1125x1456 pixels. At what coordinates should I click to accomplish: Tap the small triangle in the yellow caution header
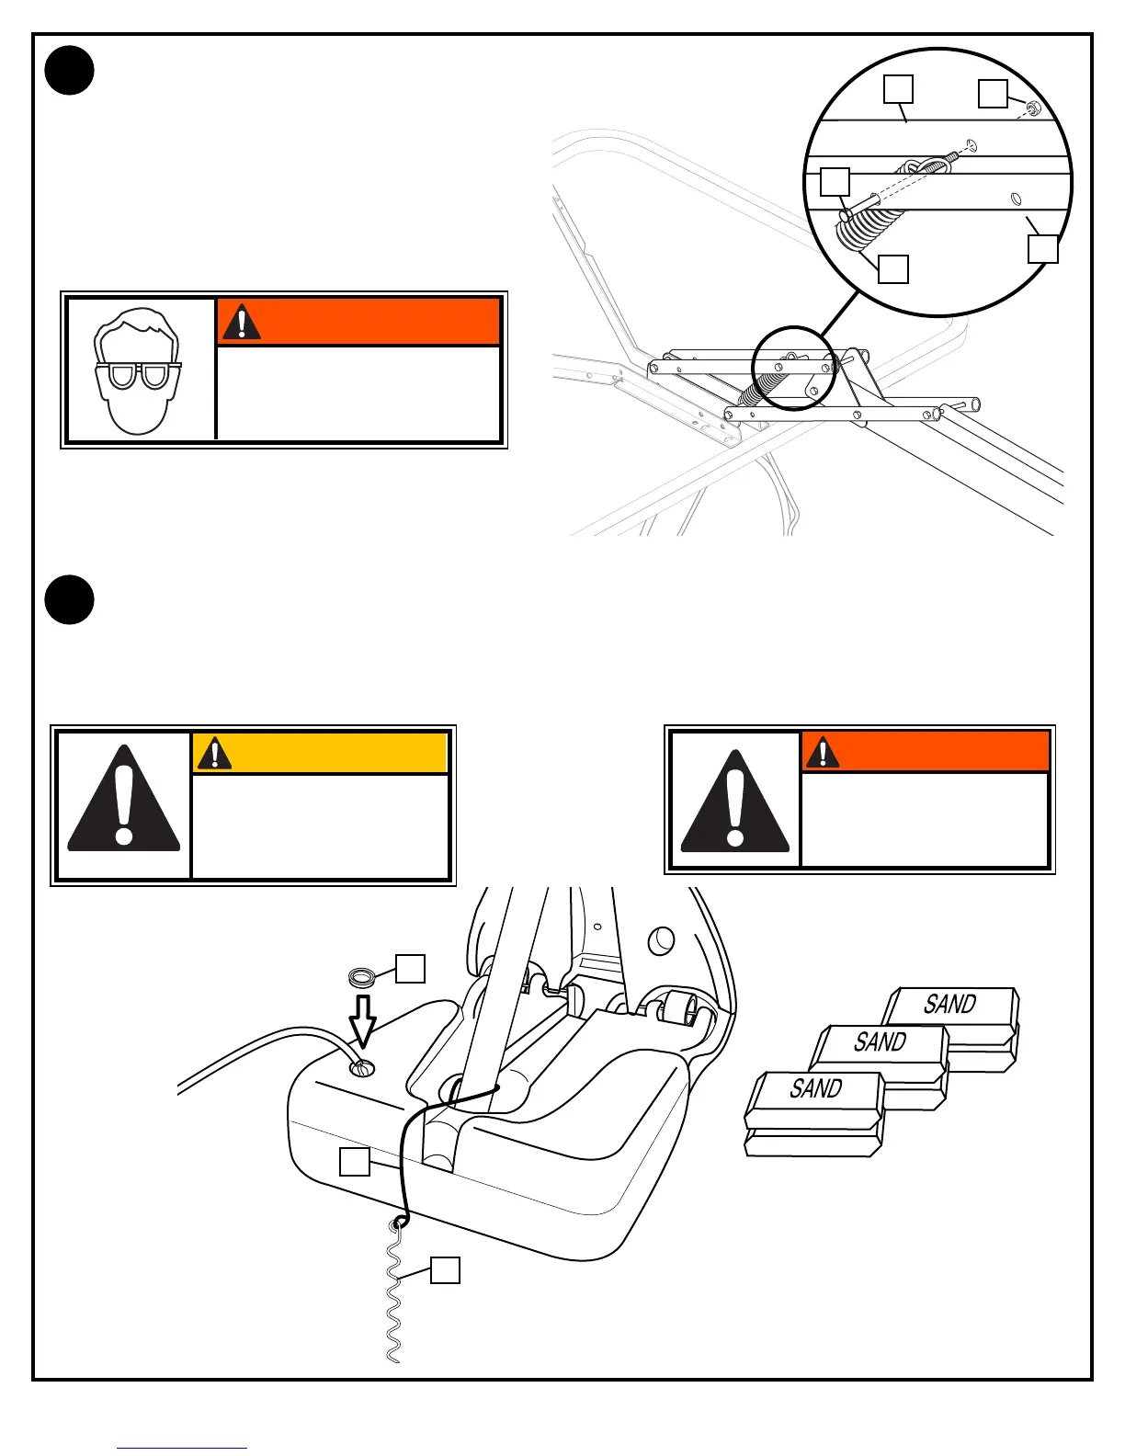(x=214, y=753)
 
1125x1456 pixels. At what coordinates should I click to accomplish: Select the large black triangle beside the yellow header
(x=123, y=801)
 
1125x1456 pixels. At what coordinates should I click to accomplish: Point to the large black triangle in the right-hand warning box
(x=734, y=802)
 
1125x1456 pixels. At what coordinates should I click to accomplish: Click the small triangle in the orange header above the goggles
(x=241, y=322)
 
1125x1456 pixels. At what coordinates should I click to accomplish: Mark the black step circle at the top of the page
(x=70, y=70)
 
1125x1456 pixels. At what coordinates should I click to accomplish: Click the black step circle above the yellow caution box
(x=70, y=599)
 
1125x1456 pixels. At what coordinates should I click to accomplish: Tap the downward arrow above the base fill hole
(x=363, y=1020)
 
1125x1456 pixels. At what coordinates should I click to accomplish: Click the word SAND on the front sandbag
(x=815, y=1088)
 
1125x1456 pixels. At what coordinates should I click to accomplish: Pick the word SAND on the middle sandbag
(x=880, y=1041)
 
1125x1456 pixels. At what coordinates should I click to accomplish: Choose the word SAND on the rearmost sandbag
(x=949, y=1004)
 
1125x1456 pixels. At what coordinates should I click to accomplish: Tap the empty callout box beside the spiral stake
(x=446, y=1269)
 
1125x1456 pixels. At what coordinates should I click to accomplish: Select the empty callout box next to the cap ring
(x=410, y=969)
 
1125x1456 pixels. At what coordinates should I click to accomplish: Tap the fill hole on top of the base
(x=362, y=1068)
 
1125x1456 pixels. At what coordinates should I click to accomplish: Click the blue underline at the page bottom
(x=182, y=1448)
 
